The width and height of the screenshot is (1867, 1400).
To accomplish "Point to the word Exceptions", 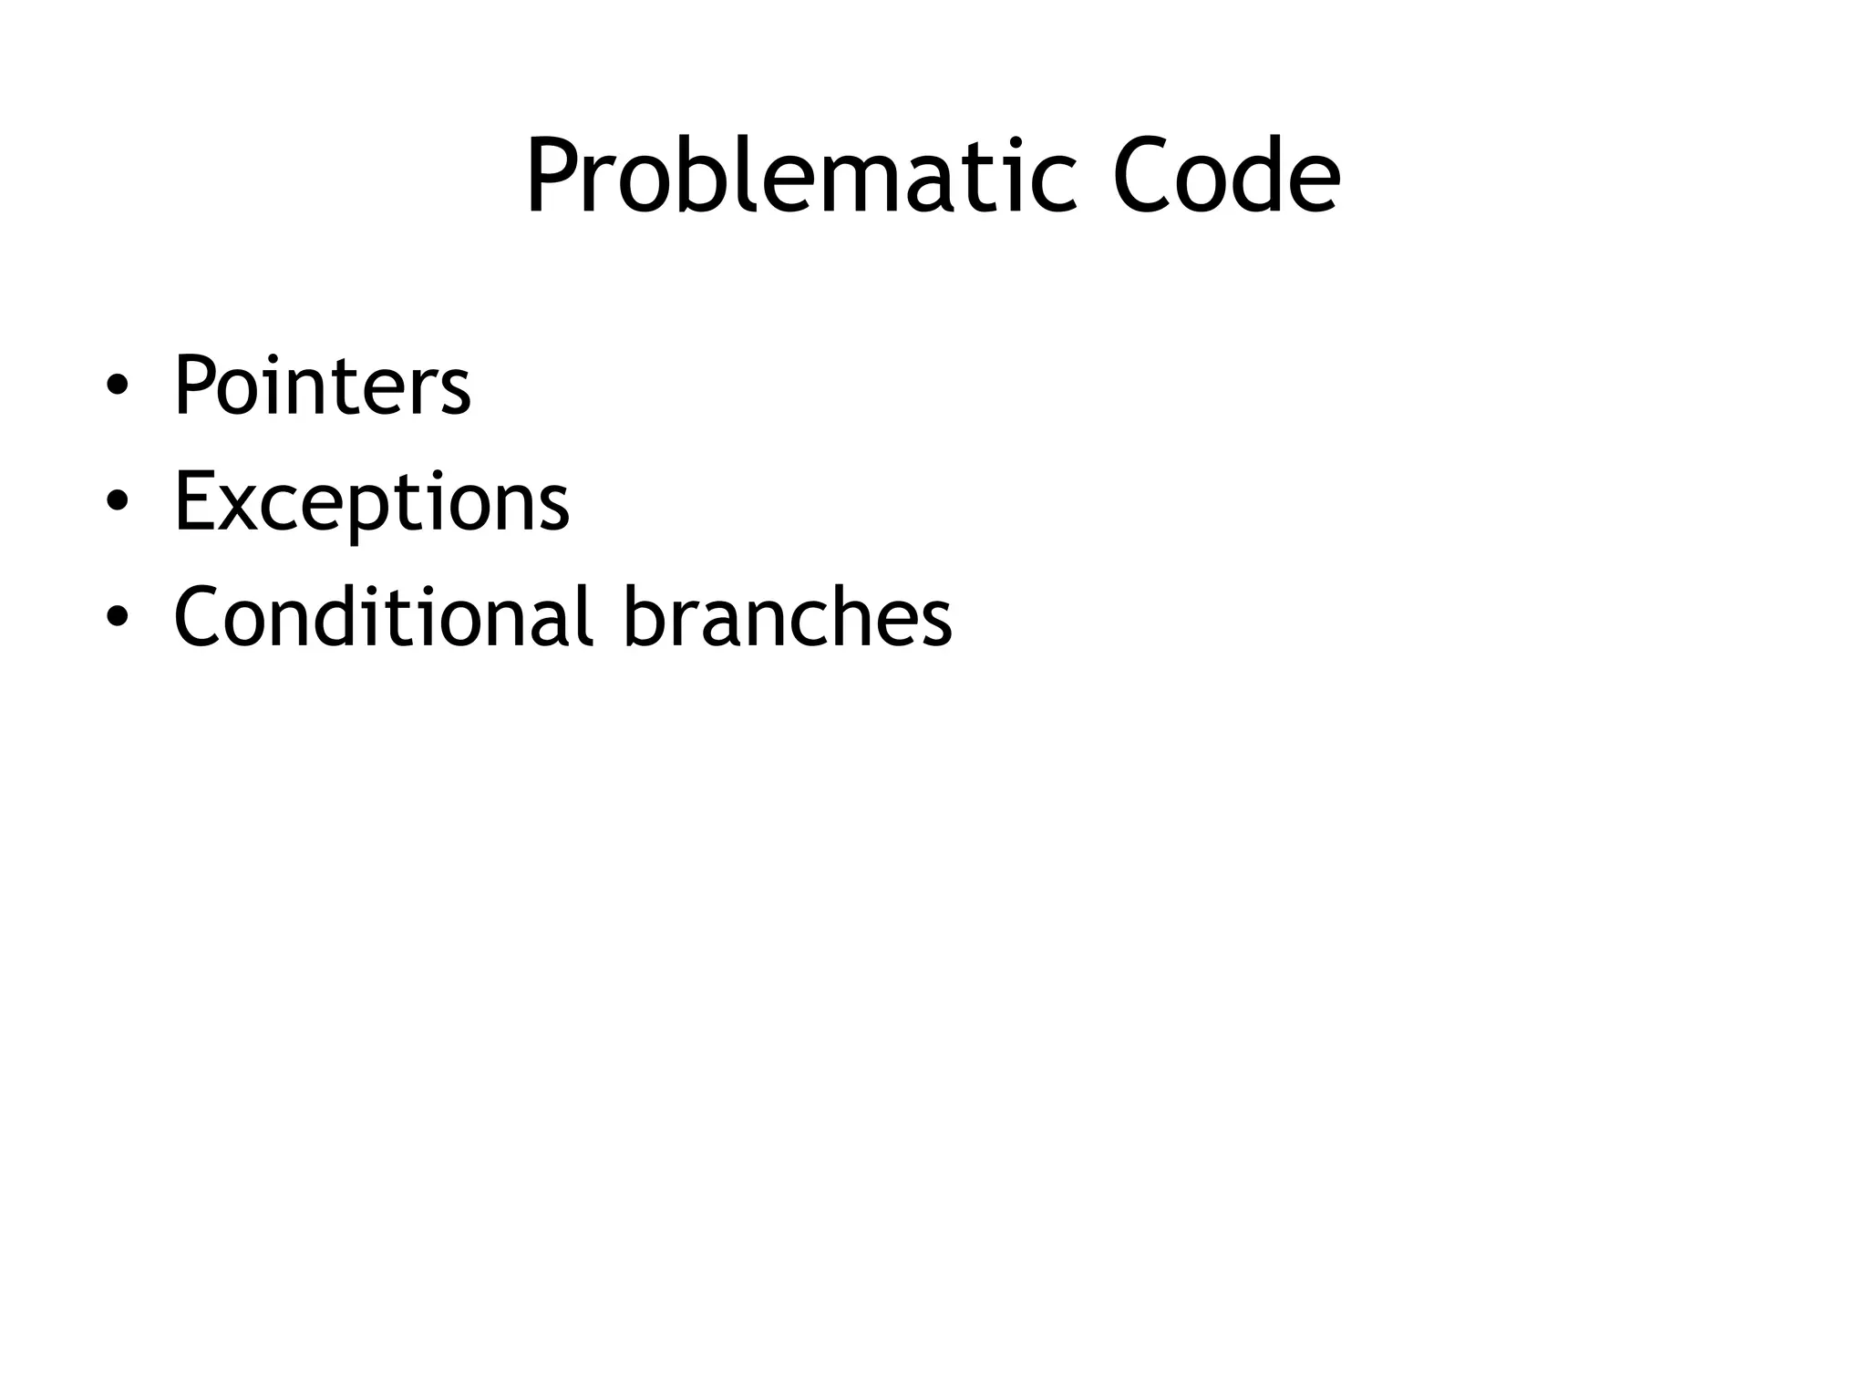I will coord(371,502).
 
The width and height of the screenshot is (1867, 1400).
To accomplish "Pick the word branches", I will coord(788,616).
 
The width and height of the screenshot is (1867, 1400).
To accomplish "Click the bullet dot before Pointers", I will coord(117,388).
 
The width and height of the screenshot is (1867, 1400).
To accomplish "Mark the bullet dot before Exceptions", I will coord(117,504).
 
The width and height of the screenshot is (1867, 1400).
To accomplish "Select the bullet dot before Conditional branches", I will coord(117,619).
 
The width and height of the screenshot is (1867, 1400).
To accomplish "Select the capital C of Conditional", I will coord(198,617).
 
